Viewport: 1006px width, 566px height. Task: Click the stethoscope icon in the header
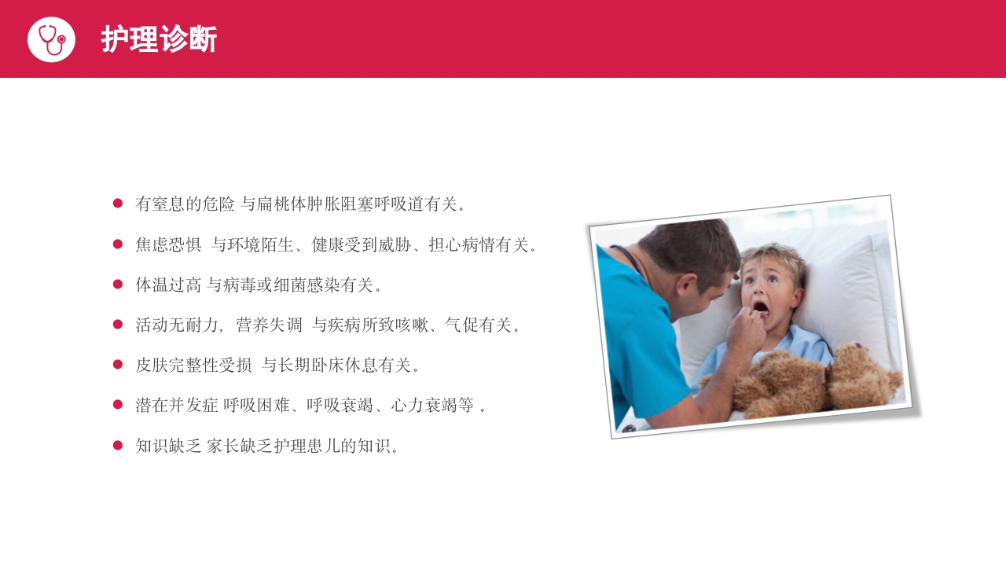coord(51,39)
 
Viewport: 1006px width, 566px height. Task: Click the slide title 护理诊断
coord(159,39)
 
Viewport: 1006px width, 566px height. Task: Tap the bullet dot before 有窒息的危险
coord(118,204)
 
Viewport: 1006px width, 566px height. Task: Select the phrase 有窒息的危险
coord(185,204)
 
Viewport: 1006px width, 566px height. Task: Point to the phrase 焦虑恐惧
coord(168,244)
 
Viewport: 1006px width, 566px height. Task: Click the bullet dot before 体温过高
coord(118,284)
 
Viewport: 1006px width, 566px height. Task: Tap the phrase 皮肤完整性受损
coord(193,365)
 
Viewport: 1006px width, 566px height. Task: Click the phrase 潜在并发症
coord(176,406)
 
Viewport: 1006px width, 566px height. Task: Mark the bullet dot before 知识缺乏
coord(118,445)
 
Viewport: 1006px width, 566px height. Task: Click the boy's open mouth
coord(760,306)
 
